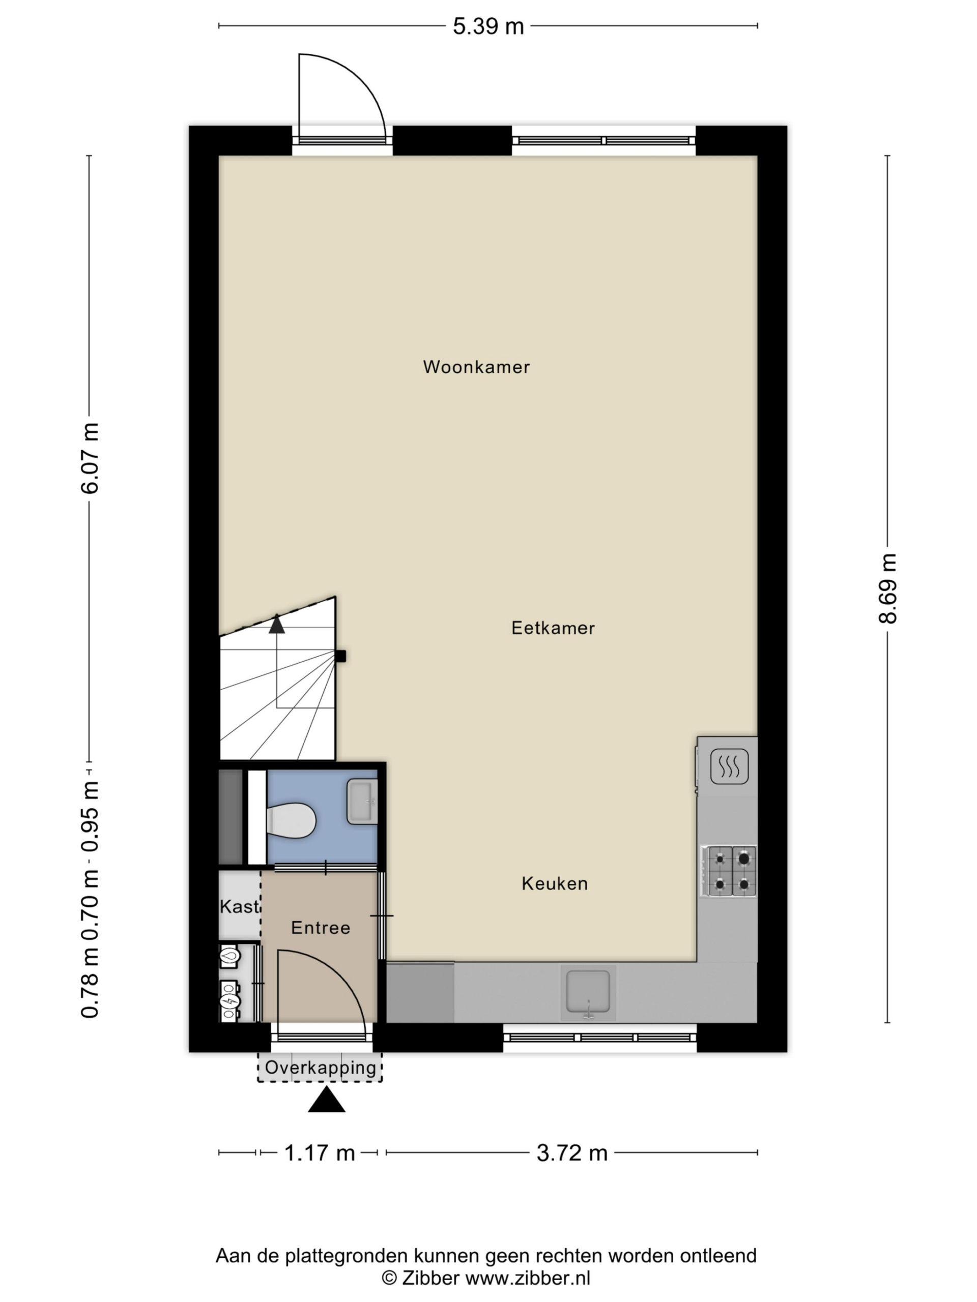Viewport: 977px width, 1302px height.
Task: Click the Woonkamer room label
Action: (476, 367)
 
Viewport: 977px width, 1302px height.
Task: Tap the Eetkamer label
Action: (553, 628)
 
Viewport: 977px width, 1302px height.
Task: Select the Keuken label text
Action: (554, 883)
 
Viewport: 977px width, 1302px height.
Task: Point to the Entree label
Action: (321, 928)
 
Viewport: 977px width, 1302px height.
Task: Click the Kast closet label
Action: (239, 906)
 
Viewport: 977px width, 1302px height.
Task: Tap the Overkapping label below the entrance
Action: (320, 1067)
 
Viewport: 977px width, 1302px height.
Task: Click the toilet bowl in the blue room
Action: (291, 819)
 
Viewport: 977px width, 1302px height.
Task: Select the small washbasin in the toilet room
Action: (362, 801)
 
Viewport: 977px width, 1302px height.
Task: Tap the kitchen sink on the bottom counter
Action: (587, 992)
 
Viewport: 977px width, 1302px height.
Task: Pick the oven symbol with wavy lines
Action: (729, 766)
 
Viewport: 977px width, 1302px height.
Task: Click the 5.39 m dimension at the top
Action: (487, 26)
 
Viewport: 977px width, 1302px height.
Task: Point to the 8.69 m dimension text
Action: (887, 588)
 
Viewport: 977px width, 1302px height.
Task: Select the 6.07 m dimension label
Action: (90, 458)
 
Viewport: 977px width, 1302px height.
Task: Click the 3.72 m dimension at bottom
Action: (571, 1152)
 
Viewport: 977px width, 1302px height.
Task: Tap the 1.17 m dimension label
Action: (319, 1152)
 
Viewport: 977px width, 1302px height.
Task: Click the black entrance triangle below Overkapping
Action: (326, 1100)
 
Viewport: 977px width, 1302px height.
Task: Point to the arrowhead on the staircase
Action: (276, 625)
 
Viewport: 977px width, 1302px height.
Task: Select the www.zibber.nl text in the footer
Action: (527, 1278)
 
